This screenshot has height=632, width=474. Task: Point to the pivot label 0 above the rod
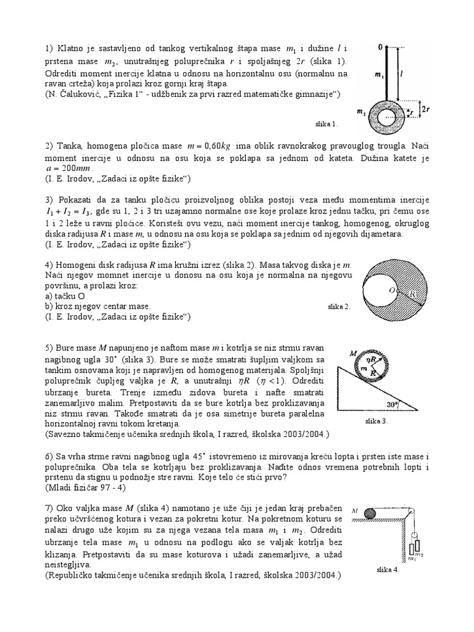tap(381, 45)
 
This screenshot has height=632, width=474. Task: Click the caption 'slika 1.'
tap(326, 123)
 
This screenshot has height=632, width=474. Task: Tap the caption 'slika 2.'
tap(338, 306)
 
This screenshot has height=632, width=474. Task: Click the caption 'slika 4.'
tap(388, 570)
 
